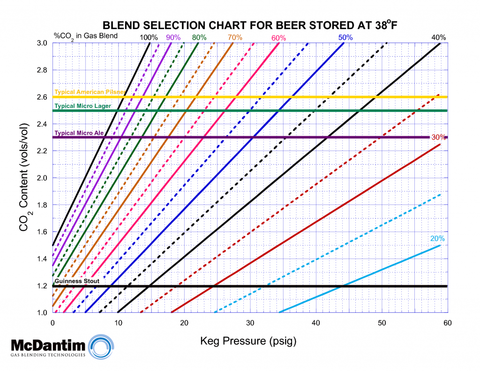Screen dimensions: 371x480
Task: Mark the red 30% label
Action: (438, 137)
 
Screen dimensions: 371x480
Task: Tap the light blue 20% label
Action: (437, 238)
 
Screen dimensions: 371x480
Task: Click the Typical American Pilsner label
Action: (89, 92)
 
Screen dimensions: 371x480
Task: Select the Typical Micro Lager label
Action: (83, 106)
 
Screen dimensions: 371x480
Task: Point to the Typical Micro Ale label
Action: (79, 133)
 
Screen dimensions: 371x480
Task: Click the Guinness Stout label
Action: (77, 281)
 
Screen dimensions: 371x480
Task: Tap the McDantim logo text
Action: (48, 346)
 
